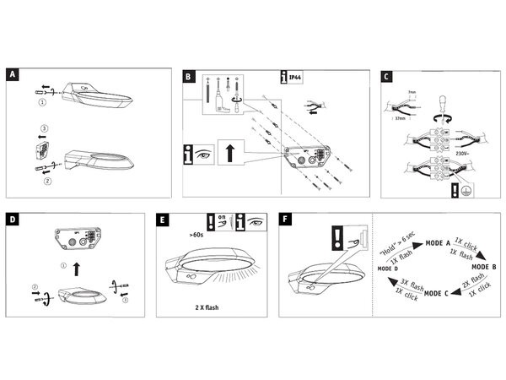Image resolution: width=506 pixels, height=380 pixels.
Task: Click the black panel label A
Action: tap(13, 74)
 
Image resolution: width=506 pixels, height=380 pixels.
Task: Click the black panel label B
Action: tap(189, 74)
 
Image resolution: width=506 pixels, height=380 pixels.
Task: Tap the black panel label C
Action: tap(385, 74)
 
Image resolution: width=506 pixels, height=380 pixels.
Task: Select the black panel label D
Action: tap(13, 219)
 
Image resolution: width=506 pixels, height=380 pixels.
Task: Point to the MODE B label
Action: tap(481, 266)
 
